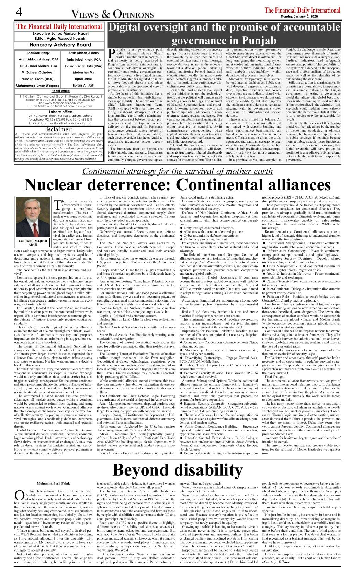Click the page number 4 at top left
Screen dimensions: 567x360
coord(19,12)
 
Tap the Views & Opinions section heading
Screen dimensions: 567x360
coord(112,14)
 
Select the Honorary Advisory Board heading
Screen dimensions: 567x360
coord(60,45)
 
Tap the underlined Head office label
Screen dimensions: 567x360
coord(60,91)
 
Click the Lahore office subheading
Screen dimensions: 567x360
coord(60,112)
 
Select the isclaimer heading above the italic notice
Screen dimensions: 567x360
coord(59,129)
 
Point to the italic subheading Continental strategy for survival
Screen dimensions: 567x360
coord(178,171)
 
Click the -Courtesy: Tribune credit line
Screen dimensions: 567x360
coord(276,562)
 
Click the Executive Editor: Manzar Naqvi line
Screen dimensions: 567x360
coord(60,34)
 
